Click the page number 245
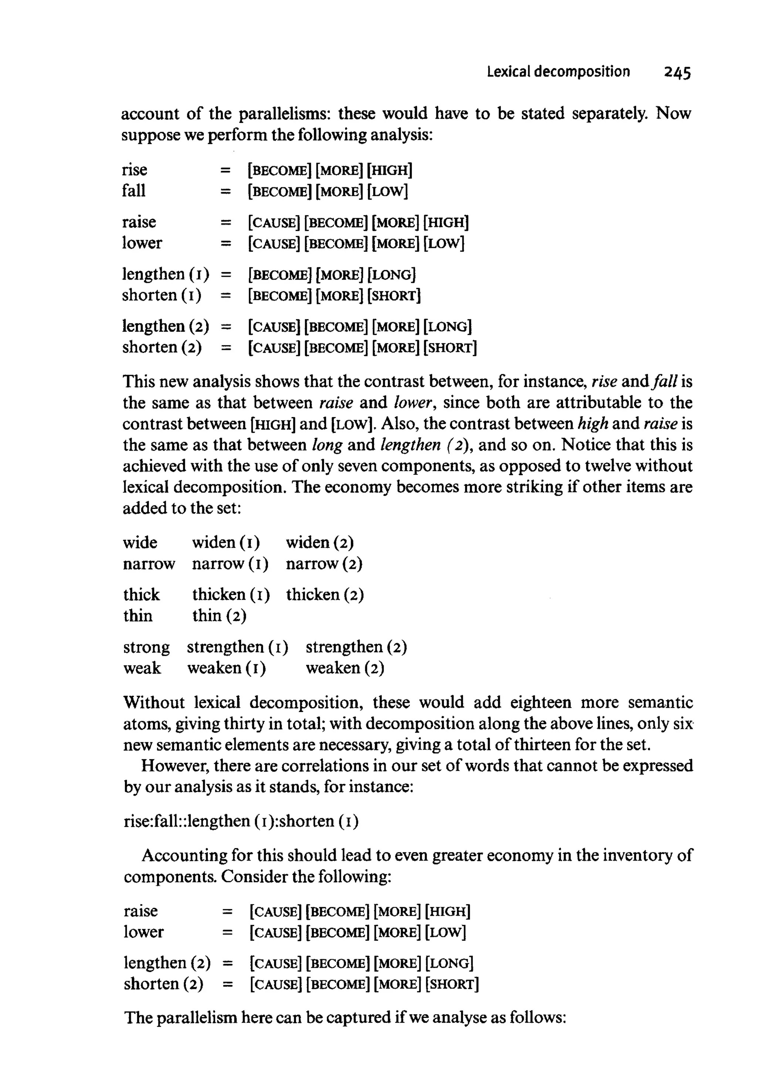coord(677,72)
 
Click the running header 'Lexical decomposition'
coord(558,72)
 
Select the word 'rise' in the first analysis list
coord(134,170)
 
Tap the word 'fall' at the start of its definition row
coord(133,191)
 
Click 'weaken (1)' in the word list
coord(226,668)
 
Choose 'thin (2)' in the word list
coord(219,616)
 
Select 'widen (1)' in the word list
coord(226,542)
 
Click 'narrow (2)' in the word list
coord(324,564)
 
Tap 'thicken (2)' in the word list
coord(325,595)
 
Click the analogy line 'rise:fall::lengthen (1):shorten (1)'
coord(241,821)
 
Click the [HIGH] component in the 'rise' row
coord(390,170)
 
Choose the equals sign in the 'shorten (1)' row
coord(226,296)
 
